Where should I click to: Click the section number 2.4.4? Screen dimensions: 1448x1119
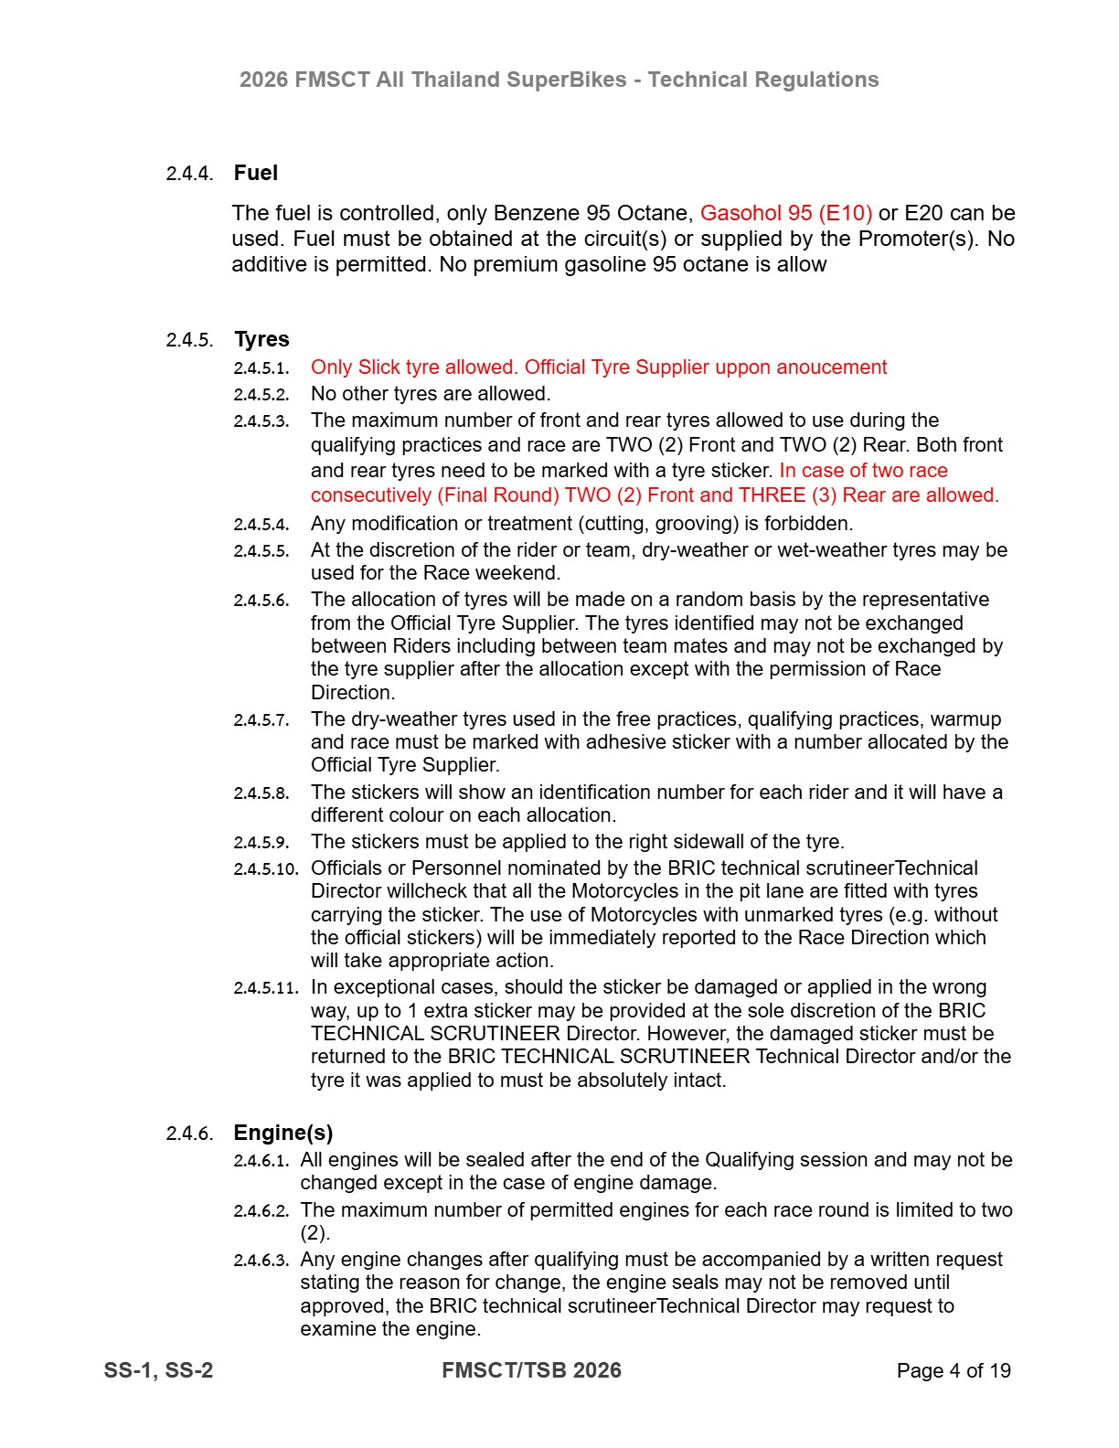pyautogui.click(x=189, y=174)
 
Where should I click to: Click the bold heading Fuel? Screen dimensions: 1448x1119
pyautogui.click(x=255, y=173)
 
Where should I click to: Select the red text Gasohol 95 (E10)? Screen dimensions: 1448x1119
pyautogui.click(x=785, y=213)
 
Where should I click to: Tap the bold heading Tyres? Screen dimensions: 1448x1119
pyautogui.click(x=261, y=339)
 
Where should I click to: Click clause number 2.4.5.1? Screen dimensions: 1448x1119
pyautogui.click(x=261, y=368)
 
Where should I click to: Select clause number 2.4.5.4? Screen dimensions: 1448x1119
pyautogui.click(x=261, y=525)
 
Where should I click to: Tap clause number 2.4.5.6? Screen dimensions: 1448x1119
pyautogui.click(x=261, y=601)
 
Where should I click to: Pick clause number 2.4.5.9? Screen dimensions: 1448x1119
pyautogui.click(x=261, y=843)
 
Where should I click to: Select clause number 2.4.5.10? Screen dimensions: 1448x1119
pyautogui.click(x=265, y=869)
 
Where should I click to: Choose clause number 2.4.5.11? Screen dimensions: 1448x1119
pyautogui.click(x=265, y=988)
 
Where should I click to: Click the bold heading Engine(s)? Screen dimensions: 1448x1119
pyautogui.click(x=282, y=1133)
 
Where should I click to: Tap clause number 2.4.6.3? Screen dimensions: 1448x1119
pyautogui.click(x=261, y=1261)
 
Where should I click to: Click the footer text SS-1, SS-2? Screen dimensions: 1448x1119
pyautogui.click(x=158, y=1370)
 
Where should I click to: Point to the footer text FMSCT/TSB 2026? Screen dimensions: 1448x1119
pyautogui.click(x=531, y=1370)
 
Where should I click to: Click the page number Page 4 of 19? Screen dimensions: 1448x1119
pyautogui.click(x=953, y=1370)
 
